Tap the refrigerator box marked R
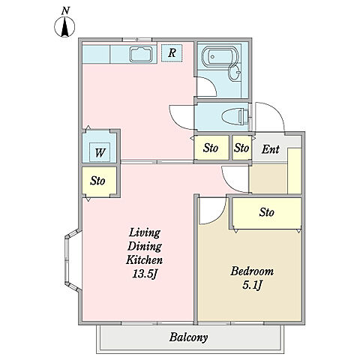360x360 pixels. (172, 53)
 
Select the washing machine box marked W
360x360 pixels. (100, 152)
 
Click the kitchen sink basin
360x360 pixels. (141, 54)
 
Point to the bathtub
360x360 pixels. (217, 57)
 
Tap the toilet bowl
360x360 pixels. (234, 116)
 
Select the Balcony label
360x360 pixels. (188, 337)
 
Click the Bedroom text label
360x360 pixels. (252, 271)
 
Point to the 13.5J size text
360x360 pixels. (145, 274)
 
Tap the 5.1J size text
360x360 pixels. (252, 285)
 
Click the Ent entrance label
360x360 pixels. (270, 149)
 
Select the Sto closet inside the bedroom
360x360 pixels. (267, 213)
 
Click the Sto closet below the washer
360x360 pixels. (99, 181)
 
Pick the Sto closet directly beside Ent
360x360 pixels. (241, 148)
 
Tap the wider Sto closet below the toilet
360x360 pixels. (211, 148)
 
